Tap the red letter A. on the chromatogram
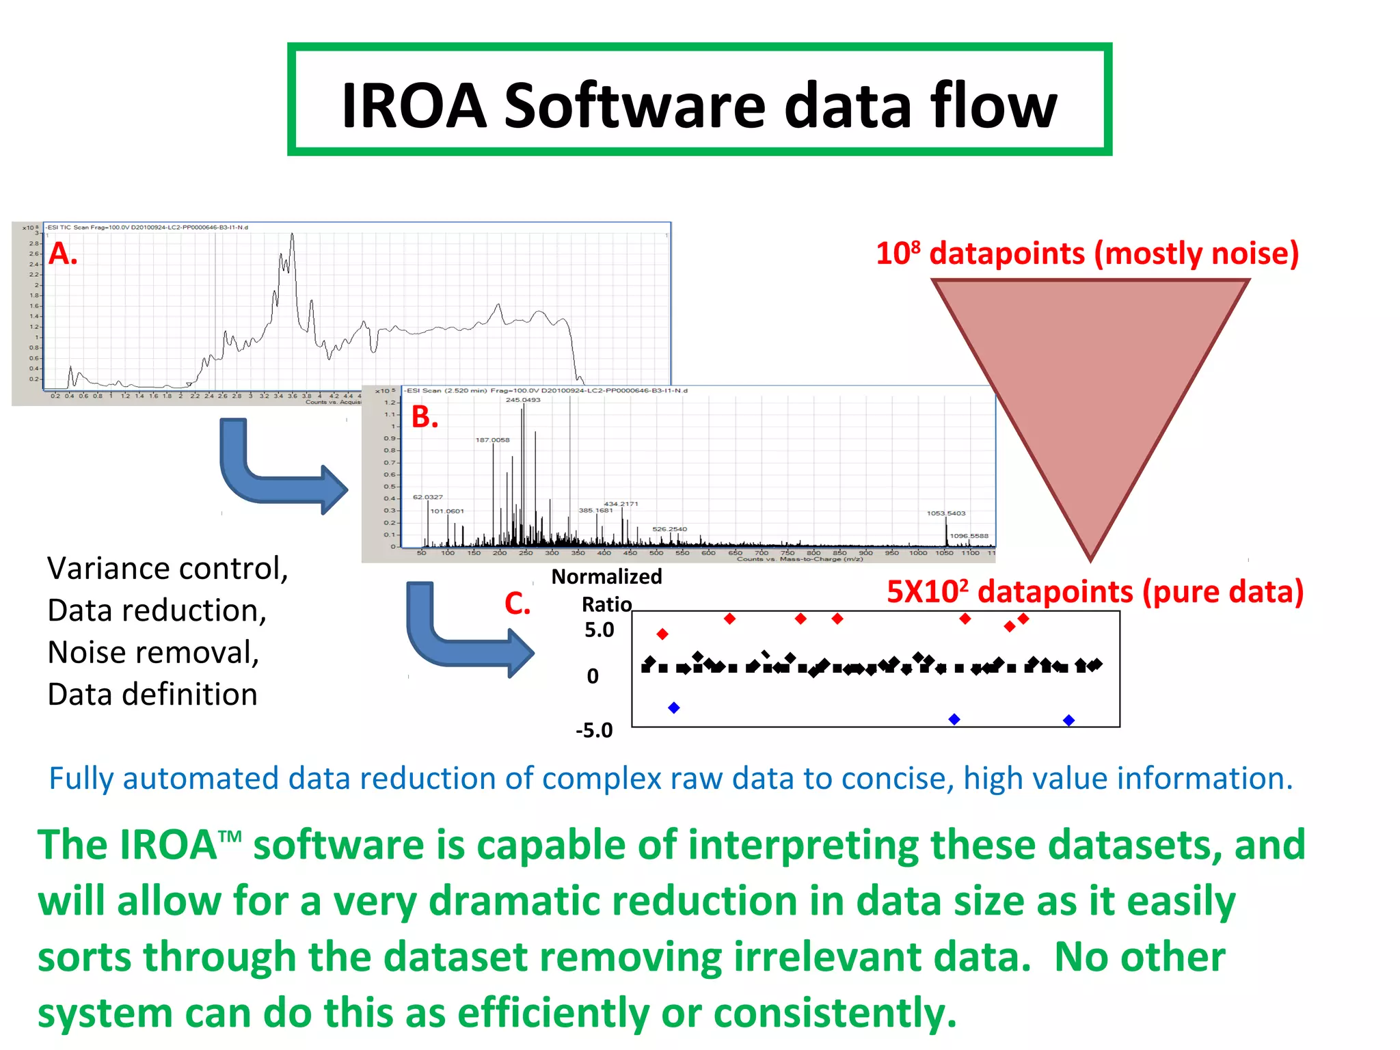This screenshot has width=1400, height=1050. pos(63,254)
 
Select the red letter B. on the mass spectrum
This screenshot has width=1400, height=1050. pos(425,417)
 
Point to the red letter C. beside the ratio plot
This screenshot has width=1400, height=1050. pos(517,604)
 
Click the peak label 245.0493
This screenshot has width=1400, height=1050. pos(523,400)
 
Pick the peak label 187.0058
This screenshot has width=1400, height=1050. pos(492,440)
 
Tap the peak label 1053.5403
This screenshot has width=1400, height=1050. pos(946,513)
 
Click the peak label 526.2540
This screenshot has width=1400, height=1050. pos(669,529)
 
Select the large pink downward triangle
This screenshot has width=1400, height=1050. pos(1090,383)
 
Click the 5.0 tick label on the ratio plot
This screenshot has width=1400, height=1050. pos(599,630)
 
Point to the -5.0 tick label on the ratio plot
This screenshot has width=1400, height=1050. pos(594,731)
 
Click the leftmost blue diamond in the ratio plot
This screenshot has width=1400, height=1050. pos(674,708)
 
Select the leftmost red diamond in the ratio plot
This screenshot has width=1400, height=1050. pos(662,634)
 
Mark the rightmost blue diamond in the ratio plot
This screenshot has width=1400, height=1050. pos(1069,720)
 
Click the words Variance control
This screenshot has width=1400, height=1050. pos(167,569)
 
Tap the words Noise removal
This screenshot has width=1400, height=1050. pos(153,653)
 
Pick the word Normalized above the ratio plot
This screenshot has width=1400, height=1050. pos(606,577)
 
